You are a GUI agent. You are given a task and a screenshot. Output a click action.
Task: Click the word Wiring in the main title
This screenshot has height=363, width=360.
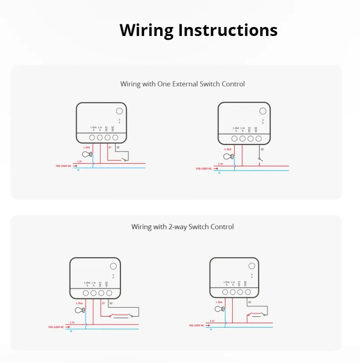[147, 30]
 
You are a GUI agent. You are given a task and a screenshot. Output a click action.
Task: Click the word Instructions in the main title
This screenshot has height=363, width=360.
[228, 30]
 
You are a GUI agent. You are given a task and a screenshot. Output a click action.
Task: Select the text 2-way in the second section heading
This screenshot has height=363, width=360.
[177, 227]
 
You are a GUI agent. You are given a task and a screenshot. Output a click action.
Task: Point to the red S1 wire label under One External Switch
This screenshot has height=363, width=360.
[110, 148]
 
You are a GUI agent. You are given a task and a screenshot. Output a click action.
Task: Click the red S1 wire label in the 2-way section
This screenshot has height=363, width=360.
[103, 303]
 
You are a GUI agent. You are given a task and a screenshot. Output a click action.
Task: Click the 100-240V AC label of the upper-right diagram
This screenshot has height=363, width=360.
[203, 169]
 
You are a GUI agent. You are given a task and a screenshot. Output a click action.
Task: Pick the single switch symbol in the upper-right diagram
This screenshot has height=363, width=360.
[259, 158]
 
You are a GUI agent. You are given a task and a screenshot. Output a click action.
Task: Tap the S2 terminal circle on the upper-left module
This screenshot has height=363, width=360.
[115, 138]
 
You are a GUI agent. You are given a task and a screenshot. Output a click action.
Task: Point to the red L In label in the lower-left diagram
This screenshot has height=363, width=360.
[72, 322]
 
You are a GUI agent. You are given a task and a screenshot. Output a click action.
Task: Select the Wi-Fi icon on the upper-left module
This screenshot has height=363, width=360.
[120, 120]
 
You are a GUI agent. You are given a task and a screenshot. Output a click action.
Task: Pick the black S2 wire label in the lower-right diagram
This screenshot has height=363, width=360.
[249, 302]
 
